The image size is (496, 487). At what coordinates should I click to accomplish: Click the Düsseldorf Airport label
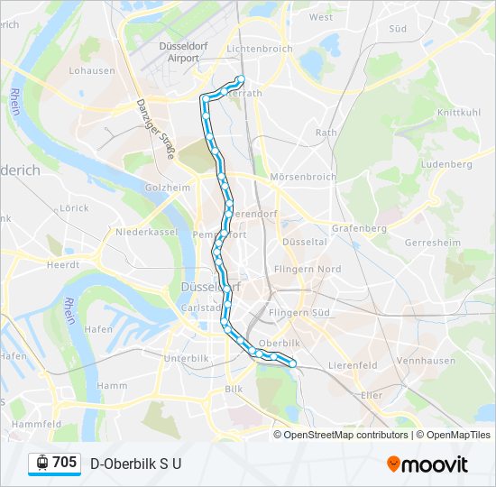[184, 51]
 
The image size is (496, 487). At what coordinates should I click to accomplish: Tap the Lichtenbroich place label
[260, 48]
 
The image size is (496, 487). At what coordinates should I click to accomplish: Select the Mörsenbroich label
[303, 177]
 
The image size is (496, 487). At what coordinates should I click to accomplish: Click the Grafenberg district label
[359, 228]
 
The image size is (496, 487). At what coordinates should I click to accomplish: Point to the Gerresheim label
[433, 243]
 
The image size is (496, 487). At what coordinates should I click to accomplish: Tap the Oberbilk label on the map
[279, 343]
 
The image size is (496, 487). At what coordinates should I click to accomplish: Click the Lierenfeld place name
[353, 365]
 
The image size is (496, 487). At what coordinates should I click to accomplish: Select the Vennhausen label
[426, 360]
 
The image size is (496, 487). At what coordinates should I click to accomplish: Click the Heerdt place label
[63, 264]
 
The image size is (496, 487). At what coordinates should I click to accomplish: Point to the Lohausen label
[92, 69]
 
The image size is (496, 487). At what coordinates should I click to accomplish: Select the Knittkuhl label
[459, 113]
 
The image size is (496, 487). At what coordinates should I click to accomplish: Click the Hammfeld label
[36, 423]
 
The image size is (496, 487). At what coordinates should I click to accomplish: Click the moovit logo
[427, 464]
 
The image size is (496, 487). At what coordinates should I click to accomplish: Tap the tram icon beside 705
[41, 463]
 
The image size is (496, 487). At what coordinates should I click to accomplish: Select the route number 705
[65, 463]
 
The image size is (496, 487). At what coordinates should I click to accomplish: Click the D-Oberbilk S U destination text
[136, 464]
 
